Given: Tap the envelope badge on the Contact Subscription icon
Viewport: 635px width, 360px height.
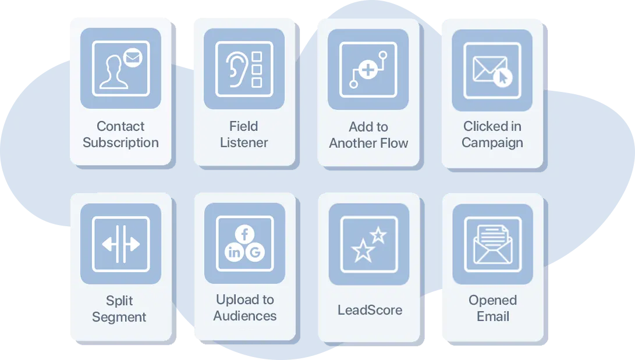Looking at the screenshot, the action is click(133, 58).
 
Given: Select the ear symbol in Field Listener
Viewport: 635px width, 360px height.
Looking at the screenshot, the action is click(236, 69).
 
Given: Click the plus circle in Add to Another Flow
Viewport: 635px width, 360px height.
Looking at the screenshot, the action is click(368, 70).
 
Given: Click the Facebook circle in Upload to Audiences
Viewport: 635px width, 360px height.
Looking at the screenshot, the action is click(244, 234).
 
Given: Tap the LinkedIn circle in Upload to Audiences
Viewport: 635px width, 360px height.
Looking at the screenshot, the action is click(235, 252).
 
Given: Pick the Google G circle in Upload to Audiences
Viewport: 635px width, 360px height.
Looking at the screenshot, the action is click(255, 252).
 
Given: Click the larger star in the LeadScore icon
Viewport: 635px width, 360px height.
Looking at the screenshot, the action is click(363, 251).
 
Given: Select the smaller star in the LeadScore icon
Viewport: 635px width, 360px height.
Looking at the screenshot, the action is click(378, 235).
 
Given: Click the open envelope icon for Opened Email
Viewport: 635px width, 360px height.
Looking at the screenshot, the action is click(493, 244).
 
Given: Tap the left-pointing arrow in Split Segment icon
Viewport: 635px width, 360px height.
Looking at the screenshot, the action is click(108, 244).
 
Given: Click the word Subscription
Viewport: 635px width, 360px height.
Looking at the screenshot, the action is click(120, 143).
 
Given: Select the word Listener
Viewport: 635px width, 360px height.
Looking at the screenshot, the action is click(244, 142).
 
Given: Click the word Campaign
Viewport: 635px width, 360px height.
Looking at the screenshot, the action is click(492, 143).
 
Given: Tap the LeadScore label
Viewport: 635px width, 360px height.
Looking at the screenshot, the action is click(370, 310).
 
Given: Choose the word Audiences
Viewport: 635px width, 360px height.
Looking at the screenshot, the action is click(245, 315).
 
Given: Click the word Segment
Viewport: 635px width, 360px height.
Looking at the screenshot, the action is click(119, 317).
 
